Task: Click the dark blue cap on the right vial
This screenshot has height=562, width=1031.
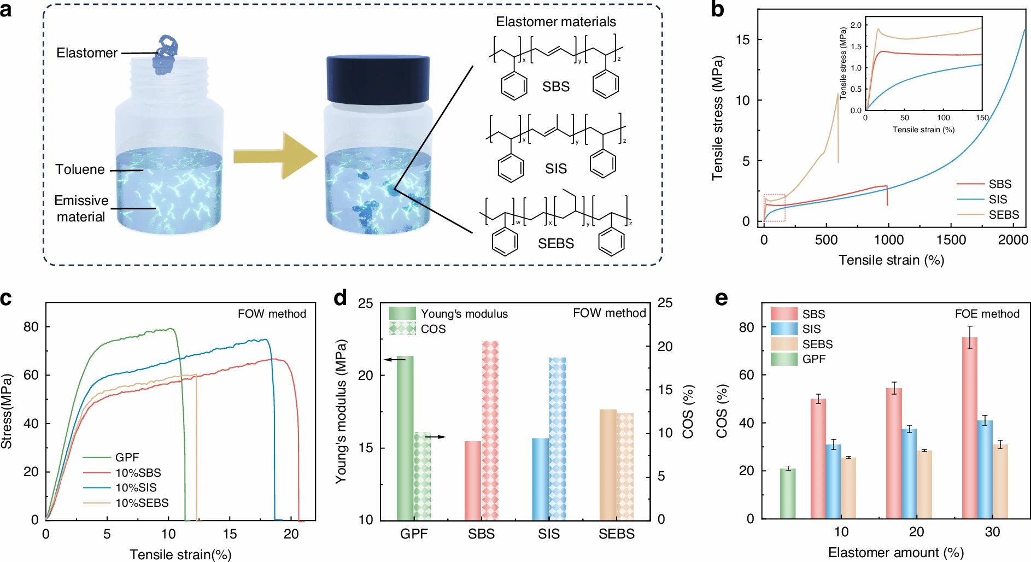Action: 378,79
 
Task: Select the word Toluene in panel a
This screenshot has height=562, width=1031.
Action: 80,169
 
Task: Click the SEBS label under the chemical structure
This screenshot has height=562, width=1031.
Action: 555,243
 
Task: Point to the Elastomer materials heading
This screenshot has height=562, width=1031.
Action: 555,22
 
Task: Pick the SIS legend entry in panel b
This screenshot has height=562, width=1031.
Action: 997,200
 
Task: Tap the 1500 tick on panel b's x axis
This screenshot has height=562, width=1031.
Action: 951,239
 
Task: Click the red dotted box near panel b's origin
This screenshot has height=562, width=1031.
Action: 774,208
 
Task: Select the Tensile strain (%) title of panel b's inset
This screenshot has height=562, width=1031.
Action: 923,130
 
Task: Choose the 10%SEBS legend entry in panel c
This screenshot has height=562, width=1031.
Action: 142,502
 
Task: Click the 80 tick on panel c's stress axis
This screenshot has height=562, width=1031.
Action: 31,327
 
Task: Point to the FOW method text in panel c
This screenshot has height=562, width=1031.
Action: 272,314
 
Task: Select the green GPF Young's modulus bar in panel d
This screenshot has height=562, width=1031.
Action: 405,437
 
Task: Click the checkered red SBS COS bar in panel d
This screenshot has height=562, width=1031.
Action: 490,430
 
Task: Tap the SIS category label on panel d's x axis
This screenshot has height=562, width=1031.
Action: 548,534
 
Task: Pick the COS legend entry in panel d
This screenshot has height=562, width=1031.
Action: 433,329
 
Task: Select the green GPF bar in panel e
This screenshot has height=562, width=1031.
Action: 787,493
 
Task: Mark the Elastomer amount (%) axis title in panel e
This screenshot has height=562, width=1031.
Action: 895,553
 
